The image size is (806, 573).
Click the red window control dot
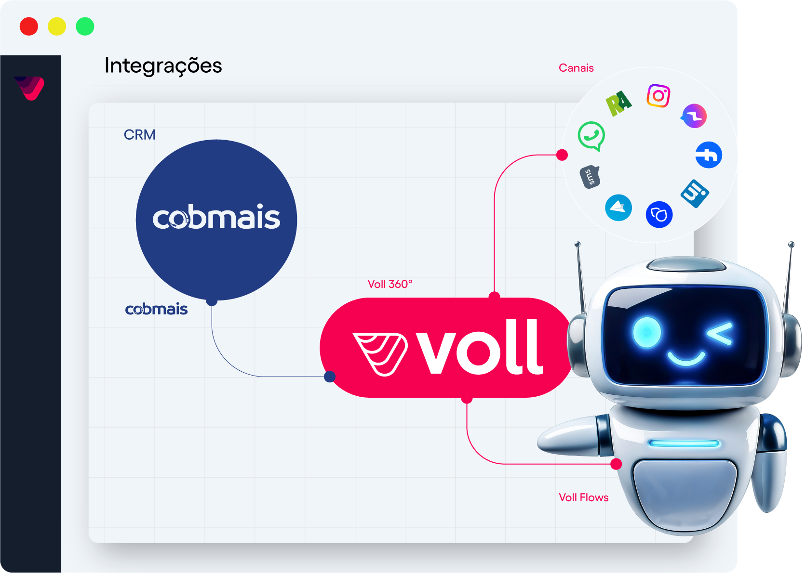pos(29,26)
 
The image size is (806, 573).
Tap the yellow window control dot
pos(57,26)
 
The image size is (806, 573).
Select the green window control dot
pos(85,26)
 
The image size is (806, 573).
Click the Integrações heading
pos(163,66)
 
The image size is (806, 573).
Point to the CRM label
pos(139,135)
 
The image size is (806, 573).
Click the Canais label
pos(576,68)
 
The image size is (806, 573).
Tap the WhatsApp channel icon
pos(591,136)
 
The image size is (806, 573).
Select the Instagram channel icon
pos(658,96)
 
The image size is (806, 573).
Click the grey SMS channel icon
pos(590,177)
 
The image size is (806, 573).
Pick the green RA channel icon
pos(618,103)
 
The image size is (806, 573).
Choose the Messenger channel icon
pos(694,116)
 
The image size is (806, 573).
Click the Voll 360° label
pos(390,284)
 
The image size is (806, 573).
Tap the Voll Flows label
pos(583,497)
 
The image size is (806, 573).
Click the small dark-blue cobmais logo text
pos(156,309)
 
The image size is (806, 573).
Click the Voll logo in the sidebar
pos(30,88)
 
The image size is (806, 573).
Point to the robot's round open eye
pos(646,332)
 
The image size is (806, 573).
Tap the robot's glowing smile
pos(685,358)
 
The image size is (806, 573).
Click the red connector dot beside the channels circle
pos(562,155)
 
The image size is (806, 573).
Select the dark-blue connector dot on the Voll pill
pos(330,377)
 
